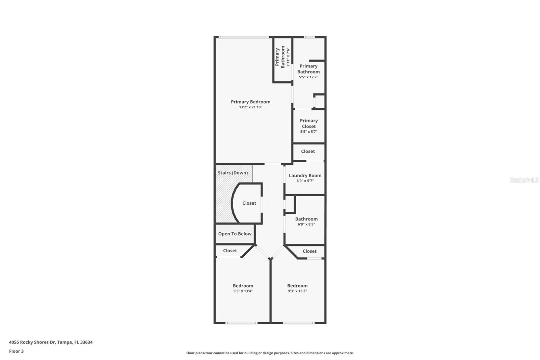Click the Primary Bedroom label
250,102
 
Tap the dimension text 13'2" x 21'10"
250,107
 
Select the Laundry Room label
305,175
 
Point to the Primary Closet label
309,123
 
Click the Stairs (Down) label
233,173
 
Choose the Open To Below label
235,234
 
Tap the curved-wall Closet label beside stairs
249,203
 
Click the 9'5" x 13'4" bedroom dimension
243,291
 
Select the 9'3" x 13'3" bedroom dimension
297,291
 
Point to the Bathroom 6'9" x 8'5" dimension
306,224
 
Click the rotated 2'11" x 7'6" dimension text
288,57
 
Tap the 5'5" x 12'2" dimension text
308,77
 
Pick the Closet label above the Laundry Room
308,151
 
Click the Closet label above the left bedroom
230,251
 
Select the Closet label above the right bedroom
309,251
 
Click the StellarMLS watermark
524,180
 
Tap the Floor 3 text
16,351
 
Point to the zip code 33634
86,342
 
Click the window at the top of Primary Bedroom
243,37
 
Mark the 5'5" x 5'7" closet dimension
309,132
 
